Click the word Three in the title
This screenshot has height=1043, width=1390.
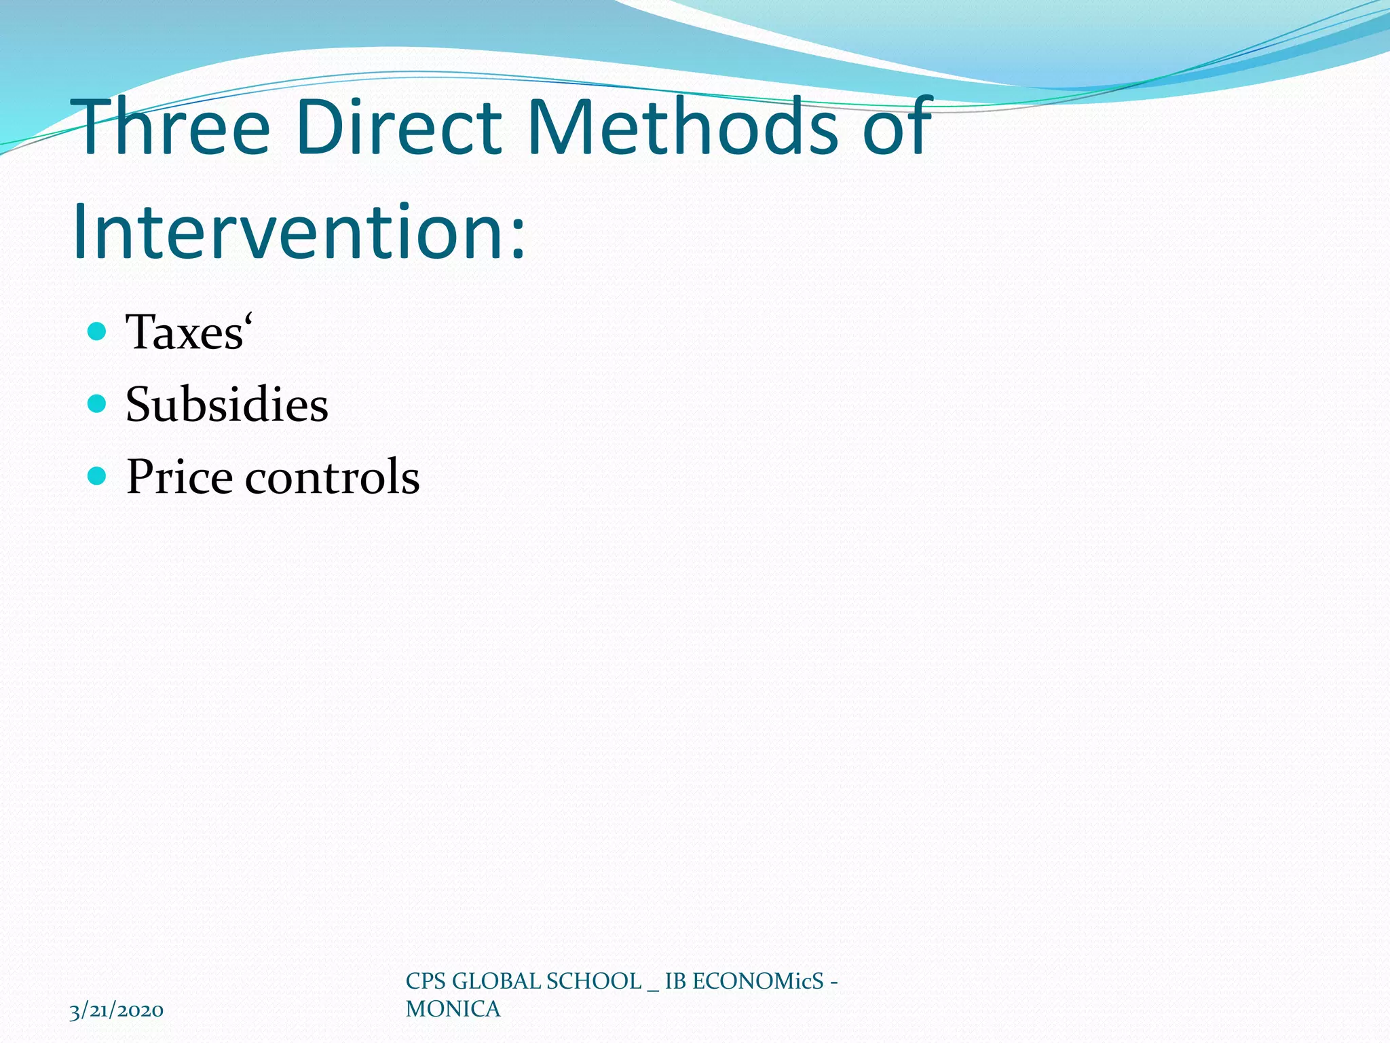[x=174, y=127]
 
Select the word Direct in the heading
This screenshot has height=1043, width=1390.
[x=400, y=127]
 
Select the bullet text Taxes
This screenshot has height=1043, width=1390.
[x=184, y=333]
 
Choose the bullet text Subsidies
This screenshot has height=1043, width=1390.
[x=227, y=405]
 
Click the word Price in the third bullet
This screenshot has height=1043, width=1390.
[x=179, y=477]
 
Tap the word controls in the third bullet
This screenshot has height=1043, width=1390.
[x=332, y=477]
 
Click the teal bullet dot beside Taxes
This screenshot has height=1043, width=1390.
[x=98, y=331]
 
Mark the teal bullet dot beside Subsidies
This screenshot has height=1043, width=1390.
[x=98, y=404]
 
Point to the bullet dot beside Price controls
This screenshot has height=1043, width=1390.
[x=98, y=476]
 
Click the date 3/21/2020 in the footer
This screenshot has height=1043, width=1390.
[x=116, y=1010]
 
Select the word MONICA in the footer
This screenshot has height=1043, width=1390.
[x=453, y=1009]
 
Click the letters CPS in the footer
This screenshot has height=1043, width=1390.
[x=426, y=981]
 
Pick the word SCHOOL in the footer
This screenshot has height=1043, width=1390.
[x=593, y=981]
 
